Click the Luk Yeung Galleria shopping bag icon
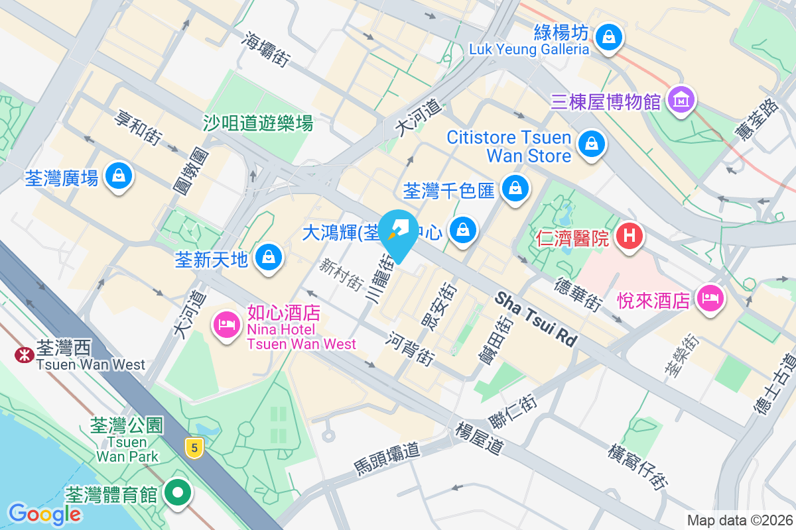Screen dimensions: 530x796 (x=608, y=37)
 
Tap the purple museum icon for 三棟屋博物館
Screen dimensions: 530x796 (x=681, y=100)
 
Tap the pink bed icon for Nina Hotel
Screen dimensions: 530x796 (x=226, y=325)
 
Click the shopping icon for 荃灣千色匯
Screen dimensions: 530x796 (x=514, y=189)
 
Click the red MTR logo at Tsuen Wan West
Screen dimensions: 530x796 (x=25, y=355)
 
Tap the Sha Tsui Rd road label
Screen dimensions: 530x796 (x=536, y=319)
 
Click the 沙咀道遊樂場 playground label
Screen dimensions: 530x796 (x=257, y=123)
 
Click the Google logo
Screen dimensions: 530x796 (x=45, y=513)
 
